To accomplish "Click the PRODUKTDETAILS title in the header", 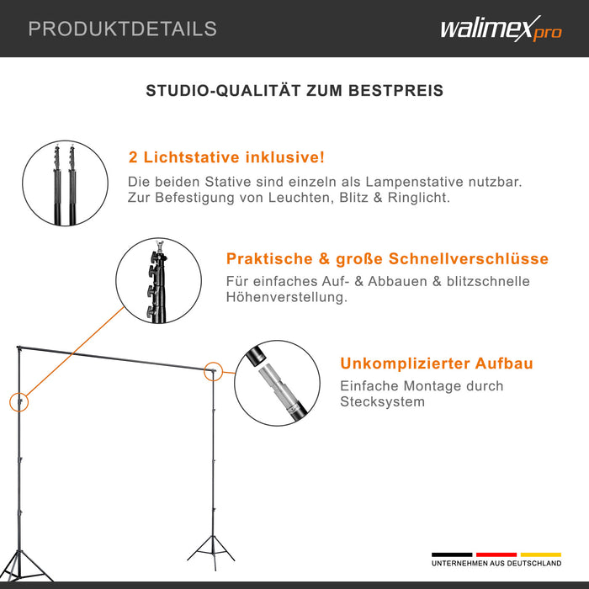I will pyautogui.click(x=122, y=29).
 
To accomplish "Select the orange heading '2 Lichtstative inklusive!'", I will pyautogui.click(x=226, y=157).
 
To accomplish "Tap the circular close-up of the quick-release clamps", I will pyautogui.click(x=158, y=280).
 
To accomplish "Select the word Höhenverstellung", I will pyautogui.click(x=286, y=298).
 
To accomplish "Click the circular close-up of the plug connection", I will pyautogui.click(x=278, y=384).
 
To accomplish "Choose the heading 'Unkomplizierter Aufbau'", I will pyautogui.click(x=436, y=363).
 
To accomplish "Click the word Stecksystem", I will pyautogui.click(x=382, y=402).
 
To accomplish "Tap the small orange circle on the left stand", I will pyautogui.click(x=19, y=401).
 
